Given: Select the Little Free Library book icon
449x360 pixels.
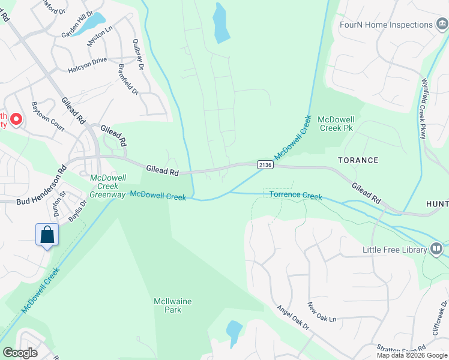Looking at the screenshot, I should click(436, 248).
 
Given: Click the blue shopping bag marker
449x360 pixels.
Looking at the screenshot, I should click(47, 235).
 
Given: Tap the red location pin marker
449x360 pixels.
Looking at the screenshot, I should click(16, 119).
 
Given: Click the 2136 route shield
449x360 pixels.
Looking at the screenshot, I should click(265, 164).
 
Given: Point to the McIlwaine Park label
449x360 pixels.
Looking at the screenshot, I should click(167, 305).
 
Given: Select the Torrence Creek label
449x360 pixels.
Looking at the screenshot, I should click(295, 196).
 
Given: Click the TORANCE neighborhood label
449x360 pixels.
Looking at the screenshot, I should click(358, 160).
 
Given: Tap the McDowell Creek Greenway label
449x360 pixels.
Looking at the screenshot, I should click(108, 185).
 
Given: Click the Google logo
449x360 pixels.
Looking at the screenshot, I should click(20, 352).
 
